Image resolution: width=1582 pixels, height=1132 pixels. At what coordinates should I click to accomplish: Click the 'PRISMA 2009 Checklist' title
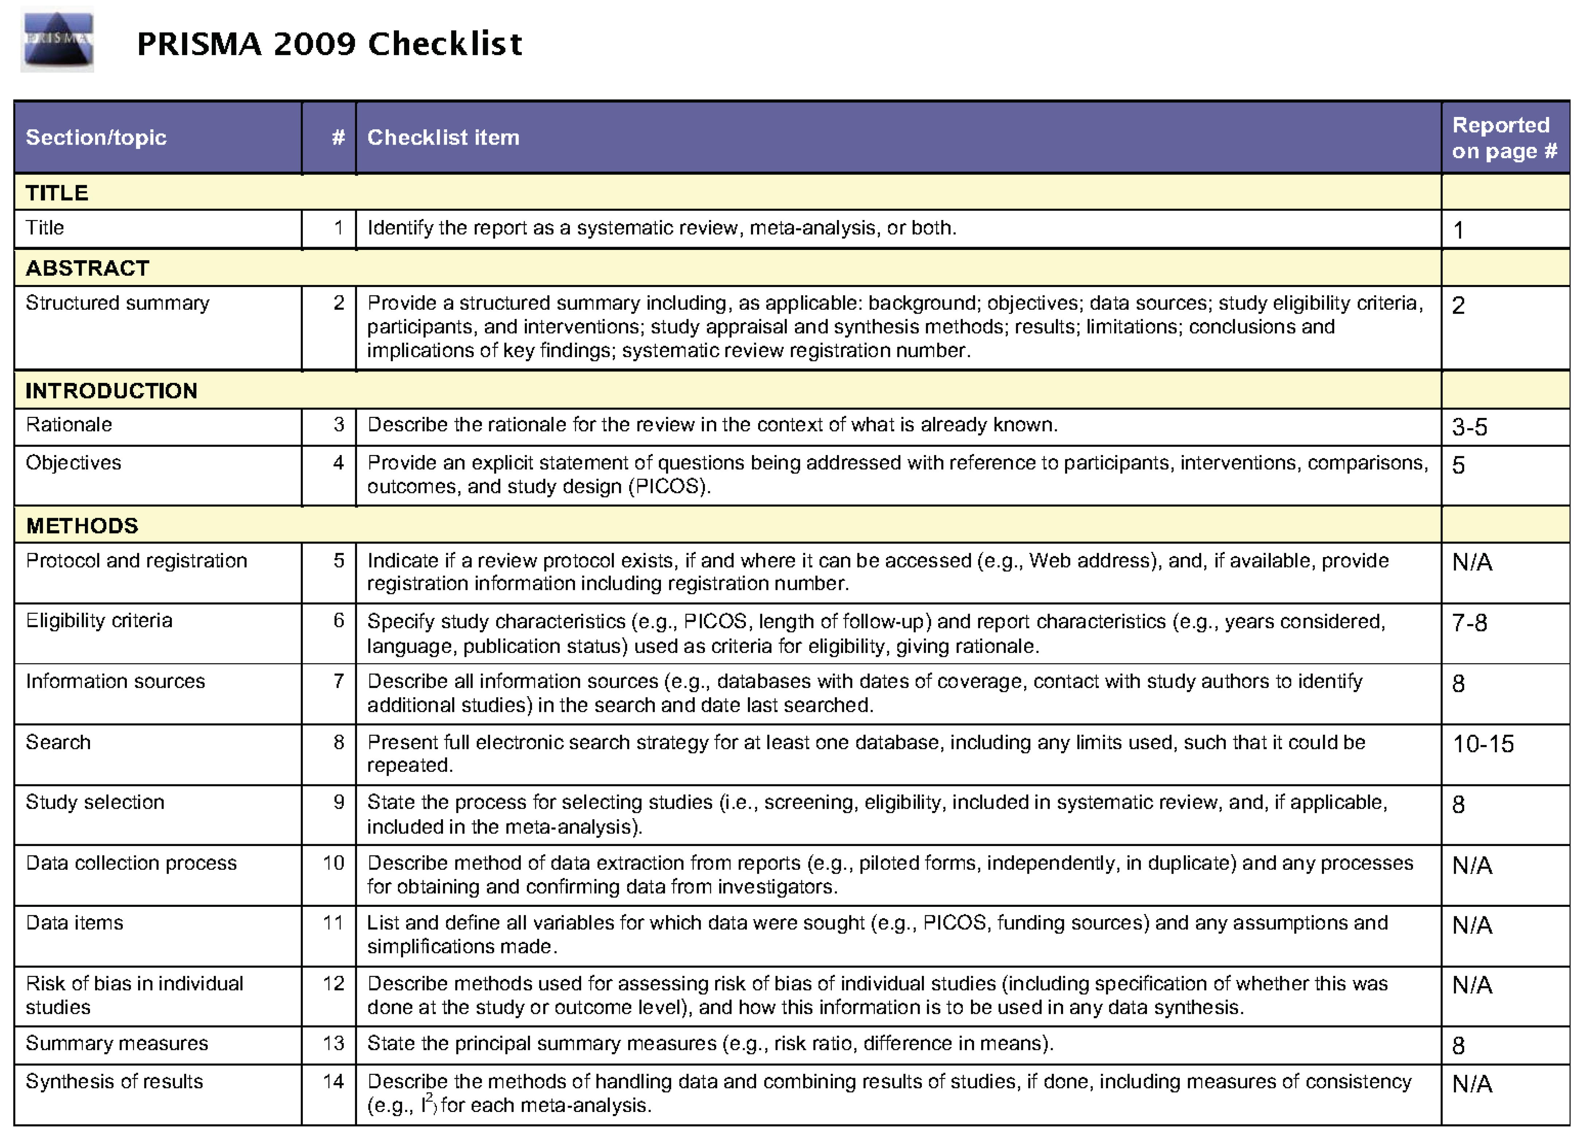point(329,44)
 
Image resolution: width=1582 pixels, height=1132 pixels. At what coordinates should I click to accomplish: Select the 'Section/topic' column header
point(96,137)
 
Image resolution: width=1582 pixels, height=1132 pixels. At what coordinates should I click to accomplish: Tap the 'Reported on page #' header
point(1504,138)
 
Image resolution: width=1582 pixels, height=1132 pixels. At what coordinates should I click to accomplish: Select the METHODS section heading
point(82,526)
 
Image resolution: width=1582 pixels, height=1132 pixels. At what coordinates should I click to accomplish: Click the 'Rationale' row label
point(69,424)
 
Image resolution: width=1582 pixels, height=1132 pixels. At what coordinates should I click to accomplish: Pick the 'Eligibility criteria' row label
point(99,620)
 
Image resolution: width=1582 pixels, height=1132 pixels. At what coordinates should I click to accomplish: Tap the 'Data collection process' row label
point(131,863)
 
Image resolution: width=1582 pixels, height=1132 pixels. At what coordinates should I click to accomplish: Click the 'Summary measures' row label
point(117,1043)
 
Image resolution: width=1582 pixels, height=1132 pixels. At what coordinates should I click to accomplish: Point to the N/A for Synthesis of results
point(1472,1084)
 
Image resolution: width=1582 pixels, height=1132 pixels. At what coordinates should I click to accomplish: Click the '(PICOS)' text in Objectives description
point(669,486)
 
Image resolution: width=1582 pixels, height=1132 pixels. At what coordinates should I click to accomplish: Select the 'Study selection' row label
point(95,802)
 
